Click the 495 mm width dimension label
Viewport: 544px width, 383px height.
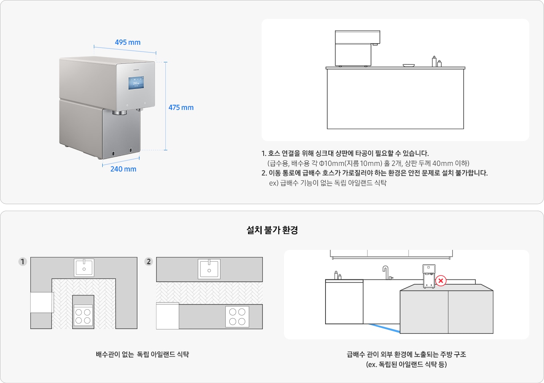[127, 42]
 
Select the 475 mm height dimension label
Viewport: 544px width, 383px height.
[181, 108]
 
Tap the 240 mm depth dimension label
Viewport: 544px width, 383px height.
[123, 169]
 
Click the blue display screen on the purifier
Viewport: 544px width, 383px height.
[136, 83]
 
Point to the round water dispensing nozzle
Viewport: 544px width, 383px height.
[119, 113]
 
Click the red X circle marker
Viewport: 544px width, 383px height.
[441, 281]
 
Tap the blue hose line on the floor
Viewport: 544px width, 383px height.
[384, 328]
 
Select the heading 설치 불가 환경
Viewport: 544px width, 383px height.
[272, 230]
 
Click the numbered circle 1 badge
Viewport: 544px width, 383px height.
[23, 262]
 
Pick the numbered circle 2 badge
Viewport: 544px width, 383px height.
[149, 262]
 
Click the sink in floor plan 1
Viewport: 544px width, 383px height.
[84, 267]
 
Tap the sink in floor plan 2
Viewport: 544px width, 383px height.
[209, 269]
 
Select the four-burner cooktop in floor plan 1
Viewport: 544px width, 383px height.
[83, 315]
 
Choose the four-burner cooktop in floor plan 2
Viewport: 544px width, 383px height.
[237, 317]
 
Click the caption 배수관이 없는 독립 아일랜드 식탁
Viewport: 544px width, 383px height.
[142, 354]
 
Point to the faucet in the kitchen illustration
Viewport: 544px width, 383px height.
[387, 273]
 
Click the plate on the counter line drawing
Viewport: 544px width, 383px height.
[409, 66]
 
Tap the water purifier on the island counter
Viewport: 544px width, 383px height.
[429, 276]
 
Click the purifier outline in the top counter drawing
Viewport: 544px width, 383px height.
[357, 48]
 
